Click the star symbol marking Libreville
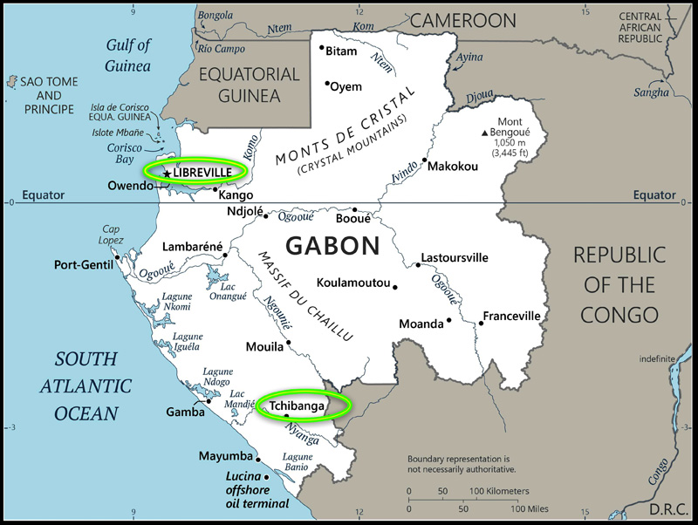pyautogui.click(x=166, y=174)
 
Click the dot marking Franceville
pyautogui.click(x=481, y=324)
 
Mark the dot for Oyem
pyautogui.click(x=327, y=84)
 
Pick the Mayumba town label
pyautogui.click(x=225, y=456)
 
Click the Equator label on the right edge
pyautogui.click(x=655, y=195)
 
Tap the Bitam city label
pyautogui.click(x=341, y=51)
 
